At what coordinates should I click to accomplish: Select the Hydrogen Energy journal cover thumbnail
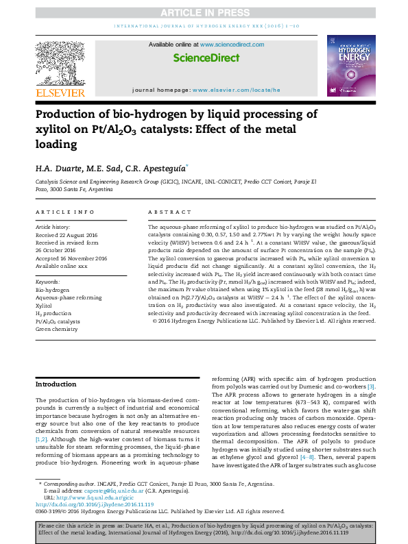(x=350, y=68)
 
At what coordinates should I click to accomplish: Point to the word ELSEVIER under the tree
(x=60, y=92)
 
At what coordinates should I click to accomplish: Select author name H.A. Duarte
(x=58, y=168)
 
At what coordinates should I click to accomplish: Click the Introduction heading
(x=56, y=384)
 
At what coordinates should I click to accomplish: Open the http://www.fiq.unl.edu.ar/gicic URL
(x=94, y=497)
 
